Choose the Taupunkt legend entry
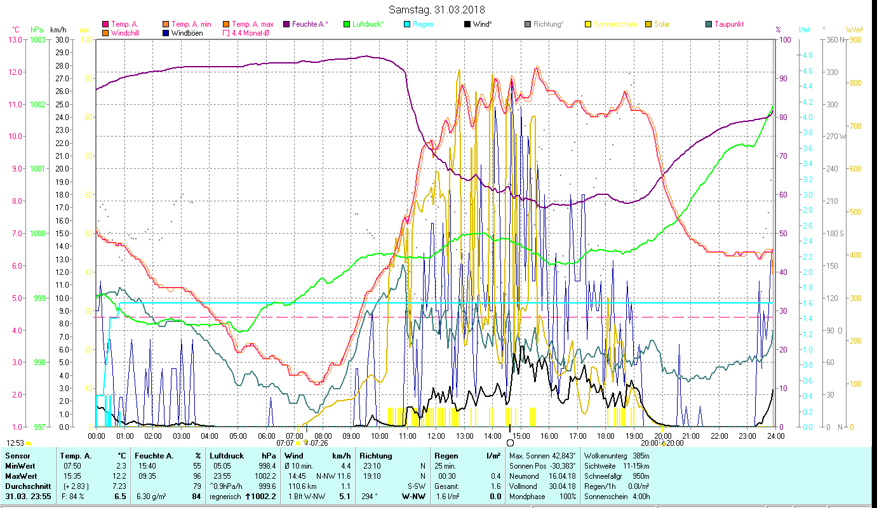(x=729, y=24)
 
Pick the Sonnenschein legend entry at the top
(x=615, y=24)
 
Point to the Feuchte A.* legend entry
(x=309, y=24)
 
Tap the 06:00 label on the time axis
(x=266, y=436)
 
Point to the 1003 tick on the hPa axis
(x=37, y=39)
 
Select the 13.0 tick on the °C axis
(x=15, y=39)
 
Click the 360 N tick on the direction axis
(x=834, y=39)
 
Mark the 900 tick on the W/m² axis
(x=855, y=39)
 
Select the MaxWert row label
(x=22, y=475)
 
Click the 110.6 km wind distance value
(x=302, y=486)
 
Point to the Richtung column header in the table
(x=377, y=455)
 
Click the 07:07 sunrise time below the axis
(x=285, y=443)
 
